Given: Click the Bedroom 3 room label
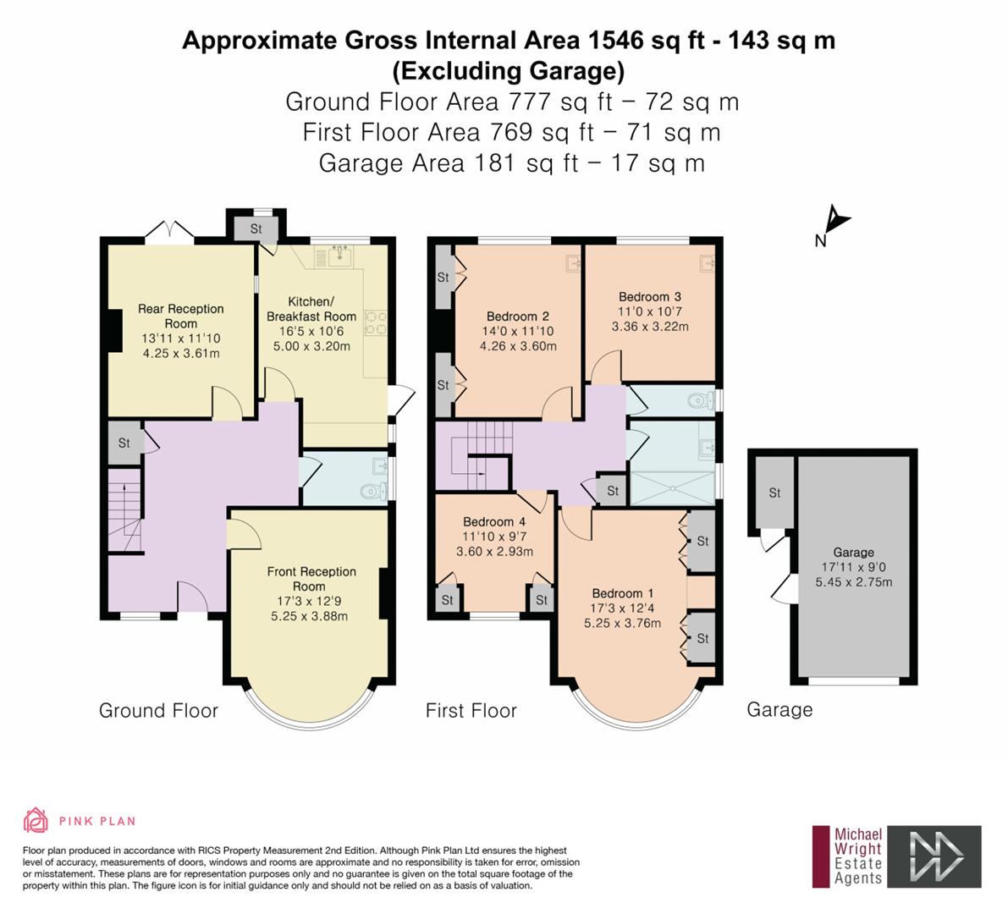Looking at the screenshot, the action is [x=649, y=297].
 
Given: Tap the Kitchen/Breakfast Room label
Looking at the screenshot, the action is [x=311, y=309].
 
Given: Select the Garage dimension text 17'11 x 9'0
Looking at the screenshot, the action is [x=853, y=568].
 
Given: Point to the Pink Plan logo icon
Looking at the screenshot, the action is [x=36, y=820].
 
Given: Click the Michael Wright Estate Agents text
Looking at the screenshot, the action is [x=857, y=856].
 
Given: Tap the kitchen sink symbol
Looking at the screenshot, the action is [x=339, y=257].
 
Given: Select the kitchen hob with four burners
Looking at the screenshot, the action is [x=376, y=322].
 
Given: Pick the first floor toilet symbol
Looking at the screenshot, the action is [x=700, y=402].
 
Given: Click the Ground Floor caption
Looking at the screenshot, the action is [x=159, y=711].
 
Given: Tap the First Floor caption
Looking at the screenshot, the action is [x=471, y=711].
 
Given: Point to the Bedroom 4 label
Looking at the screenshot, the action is [x=493, y=522].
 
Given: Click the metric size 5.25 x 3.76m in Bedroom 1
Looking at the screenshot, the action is [x=622, y=623].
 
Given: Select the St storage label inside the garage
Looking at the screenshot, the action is [x=774, y=493].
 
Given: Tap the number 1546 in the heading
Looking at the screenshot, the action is [x=614, y=40].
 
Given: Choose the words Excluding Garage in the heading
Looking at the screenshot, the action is [x=509, y=71].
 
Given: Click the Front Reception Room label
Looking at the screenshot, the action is [x=311, y=579].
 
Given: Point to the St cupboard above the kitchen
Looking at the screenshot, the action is [x=256, y=228].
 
